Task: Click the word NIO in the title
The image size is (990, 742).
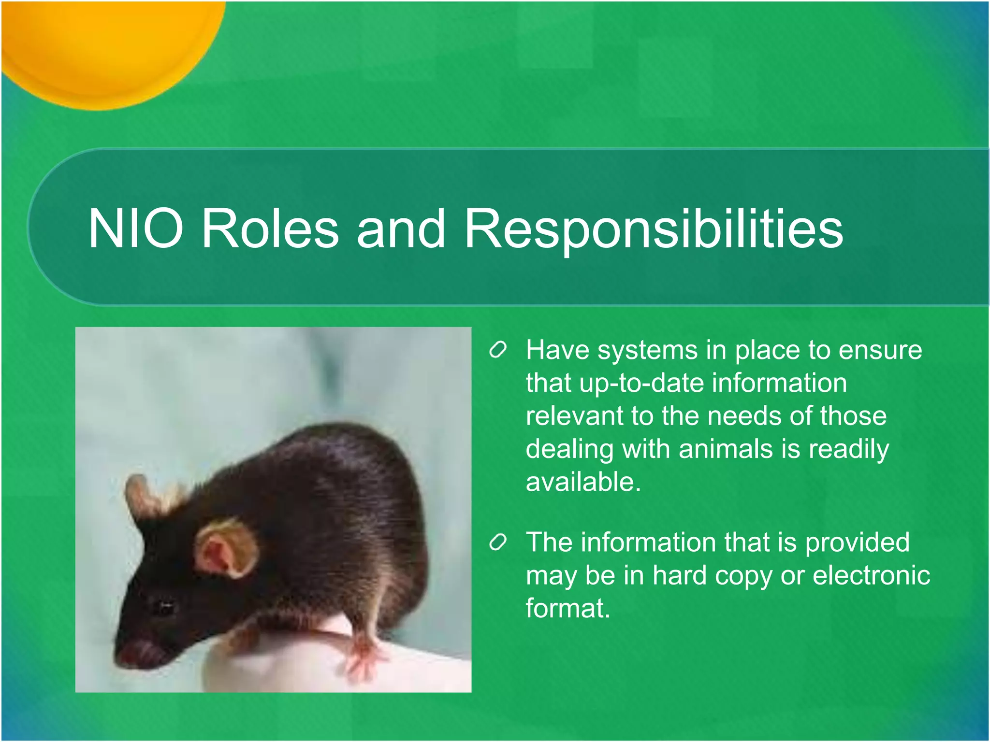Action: click(136, 228)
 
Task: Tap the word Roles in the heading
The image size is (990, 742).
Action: click(270, 228)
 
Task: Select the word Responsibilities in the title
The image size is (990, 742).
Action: click(654, 228)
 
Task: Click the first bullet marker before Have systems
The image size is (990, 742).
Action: click(497, 350)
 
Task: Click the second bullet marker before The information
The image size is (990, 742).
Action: click(497, 542)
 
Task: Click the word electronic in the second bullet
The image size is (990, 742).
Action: click(871, 575)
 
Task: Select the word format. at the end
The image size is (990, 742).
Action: click(568, 608)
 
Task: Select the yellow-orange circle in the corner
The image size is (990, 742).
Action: click(106, 43)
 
